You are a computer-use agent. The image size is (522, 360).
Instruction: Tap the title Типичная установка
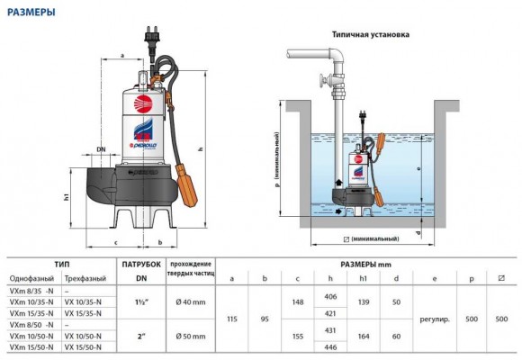point(370,34)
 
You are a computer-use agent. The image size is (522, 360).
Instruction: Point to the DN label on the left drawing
point(102,149)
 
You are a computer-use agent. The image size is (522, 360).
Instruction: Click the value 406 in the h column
point(329,296)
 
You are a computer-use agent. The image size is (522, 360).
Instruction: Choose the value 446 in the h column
point(329,346)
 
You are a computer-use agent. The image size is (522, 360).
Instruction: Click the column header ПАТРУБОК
point(141,265)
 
